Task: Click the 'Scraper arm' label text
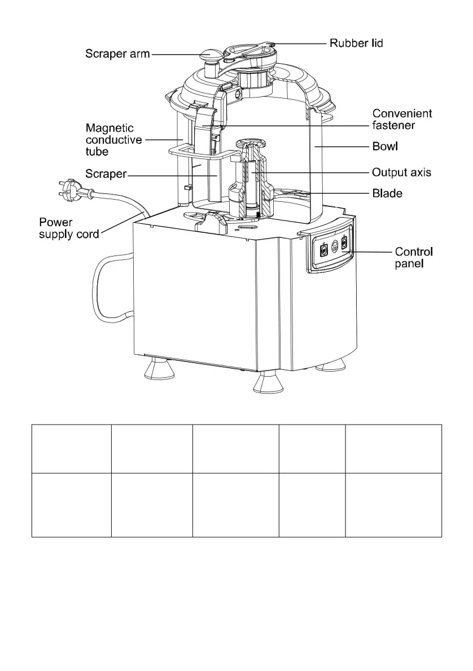pyautogui.click(x=117, y=54)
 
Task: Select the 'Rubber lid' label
pyautogui.click(x=356, y=43)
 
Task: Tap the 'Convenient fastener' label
pyautogui.click(x=402, y=119)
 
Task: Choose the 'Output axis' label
pyautogui.click(x=401, y=172)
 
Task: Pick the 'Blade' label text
pyautogui.click(x=387, y=193)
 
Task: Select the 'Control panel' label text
pyautogui.click(x=414, y=257)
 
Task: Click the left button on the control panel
pyautogui.click(x=324, y=251)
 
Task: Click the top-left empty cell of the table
pyautogui.click(x=71, y=449)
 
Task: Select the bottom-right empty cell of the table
pyautogui.click(x=393, y=505)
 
